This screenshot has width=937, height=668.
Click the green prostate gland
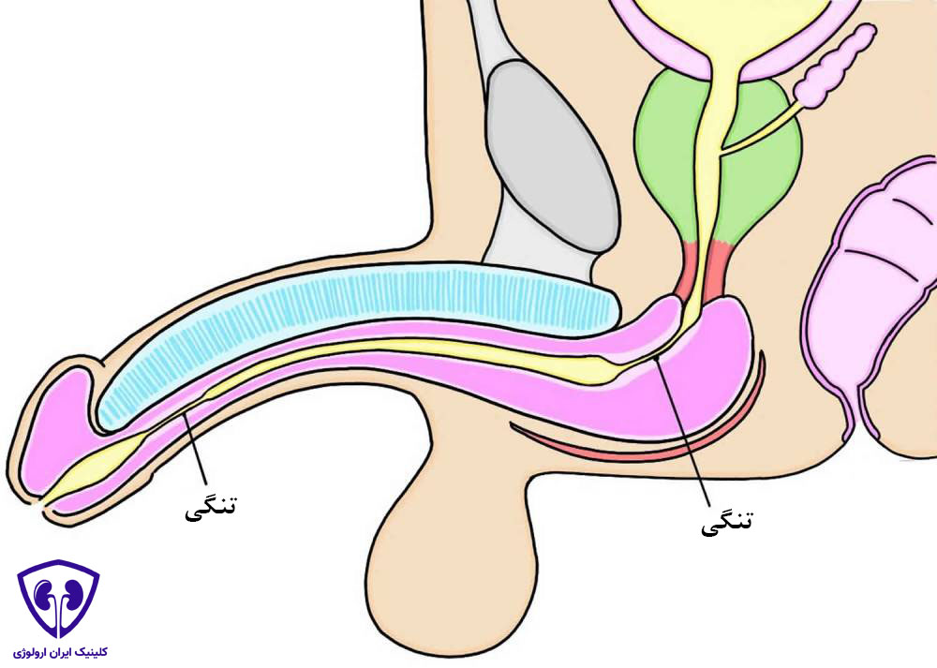pos(663,156)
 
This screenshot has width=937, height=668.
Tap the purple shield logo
pos(58,599)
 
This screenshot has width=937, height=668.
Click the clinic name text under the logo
pos(60,652)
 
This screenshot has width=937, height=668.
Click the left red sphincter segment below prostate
pos(687,269)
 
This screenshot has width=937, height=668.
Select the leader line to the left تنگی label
pos(196,450)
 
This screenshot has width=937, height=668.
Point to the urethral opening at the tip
pos(43,504)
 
